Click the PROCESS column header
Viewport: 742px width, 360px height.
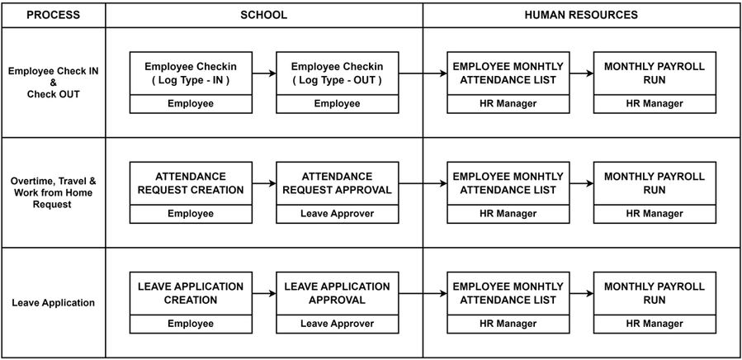[x=53, y=15]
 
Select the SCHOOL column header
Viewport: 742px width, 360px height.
[x=264, y=15]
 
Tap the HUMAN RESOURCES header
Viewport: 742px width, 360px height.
[x=581, y=15]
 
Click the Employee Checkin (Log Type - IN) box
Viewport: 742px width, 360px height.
[x=191, y=73]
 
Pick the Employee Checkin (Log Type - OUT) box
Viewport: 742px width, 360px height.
[x=337, y=73]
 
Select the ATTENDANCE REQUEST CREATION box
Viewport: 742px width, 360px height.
[x=191, y=183]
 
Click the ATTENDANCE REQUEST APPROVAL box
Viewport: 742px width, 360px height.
[x=337, y=183]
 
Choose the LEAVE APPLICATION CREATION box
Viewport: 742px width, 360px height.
[x=191, y=293]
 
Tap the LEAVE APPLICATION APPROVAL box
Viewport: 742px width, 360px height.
[x=337, y=293]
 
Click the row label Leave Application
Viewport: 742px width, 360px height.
[x=53, y=303]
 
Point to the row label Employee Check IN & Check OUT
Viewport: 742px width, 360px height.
[x=53, y=83]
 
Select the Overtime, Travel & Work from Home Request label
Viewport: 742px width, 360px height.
[x=53, y=192]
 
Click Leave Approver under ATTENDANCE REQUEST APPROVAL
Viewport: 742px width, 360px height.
[x=337, y=214]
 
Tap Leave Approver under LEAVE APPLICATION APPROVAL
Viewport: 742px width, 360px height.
[x=337, y=324]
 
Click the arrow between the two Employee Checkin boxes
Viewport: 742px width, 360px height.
[x=264, y=73]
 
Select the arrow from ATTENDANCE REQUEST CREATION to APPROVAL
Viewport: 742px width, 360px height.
[x=264, y=183]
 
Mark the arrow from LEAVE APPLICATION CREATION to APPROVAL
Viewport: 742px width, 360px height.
[x=264, y=293]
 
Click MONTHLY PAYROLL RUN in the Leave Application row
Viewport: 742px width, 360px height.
[x=655, y=293]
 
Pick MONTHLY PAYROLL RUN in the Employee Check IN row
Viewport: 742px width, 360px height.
[x=655, y=73]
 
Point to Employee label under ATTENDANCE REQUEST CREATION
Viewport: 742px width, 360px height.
[x=191, y=214]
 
